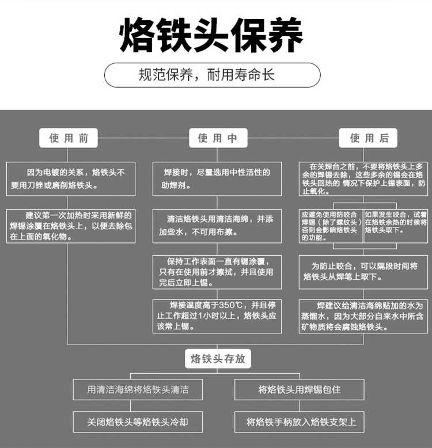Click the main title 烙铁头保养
(x=211, y=35)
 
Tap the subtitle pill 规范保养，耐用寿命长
(x=213, y=75)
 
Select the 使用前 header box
(x=69, y=138)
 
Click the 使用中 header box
(x=218, y=138)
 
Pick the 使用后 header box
(x=368, y=138)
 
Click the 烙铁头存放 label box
(x=218, y=359)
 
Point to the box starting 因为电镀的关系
(x=71, y=179)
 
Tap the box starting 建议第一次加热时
(x=71, y=226)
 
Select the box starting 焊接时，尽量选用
(x=217, y=179)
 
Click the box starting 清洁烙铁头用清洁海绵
(x=217, y=226)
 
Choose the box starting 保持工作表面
(x=217, y=272)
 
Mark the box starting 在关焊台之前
(x=363, y=179)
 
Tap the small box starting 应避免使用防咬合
(x=331, y=226)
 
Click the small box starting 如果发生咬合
(x=396, y=226)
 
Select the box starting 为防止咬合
(x=363, y=272)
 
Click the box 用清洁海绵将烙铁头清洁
(x=138, y=389)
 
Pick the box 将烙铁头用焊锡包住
(x=300, y=389)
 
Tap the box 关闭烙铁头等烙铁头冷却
(x=138, y=422)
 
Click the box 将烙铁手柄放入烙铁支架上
(x=300, y=422)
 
